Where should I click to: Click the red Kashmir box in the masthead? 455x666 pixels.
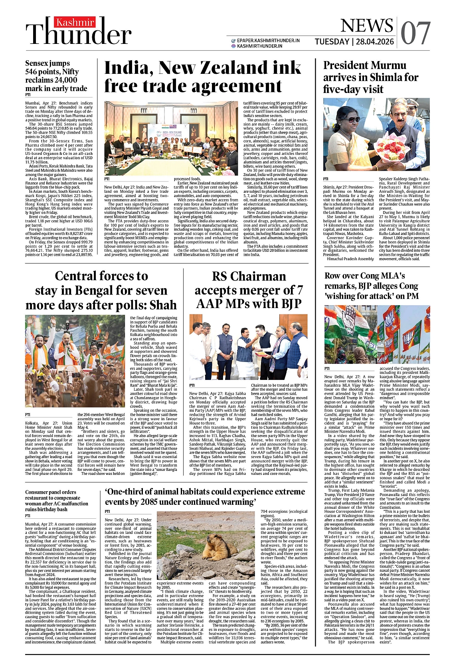tap(75, 22)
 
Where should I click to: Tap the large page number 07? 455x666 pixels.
tap(415, 34)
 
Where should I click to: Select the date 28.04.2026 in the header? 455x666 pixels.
tap(375, 42)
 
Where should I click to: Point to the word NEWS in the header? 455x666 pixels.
tap(367, 26)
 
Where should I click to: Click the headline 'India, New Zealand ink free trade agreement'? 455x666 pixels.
tap(202, 77)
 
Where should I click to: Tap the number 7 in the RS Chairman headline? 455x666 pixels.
tap(299, 290)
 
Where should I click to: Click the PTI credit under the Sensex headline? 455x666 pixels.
tap(28, 95)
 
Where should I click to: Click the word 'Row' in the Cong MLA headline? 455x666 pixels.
tap(333, 276)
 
